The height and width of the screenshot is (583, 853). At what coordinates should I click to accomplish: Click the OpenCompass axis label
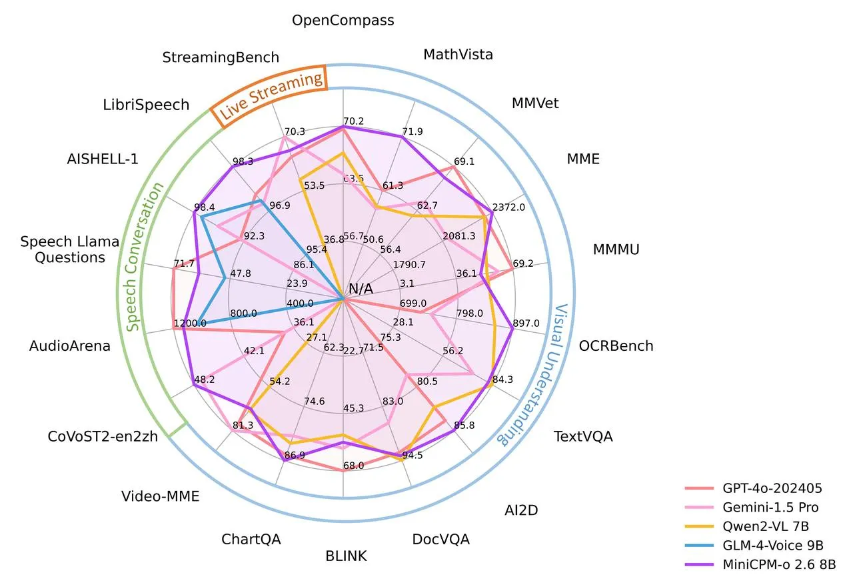pyautogui.click(x=343, y=21)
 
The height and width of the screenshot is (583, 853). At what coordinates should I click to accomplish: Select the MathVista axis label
pyautogui.click(x=458, y=55)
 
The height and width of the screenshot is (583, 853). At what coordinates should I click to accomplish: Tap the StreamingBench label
pyautogui.click(x=221, y=57)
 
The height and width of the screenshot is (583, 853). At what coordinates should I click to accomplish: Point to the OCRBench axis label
pyautogui.click(x=616, y=346)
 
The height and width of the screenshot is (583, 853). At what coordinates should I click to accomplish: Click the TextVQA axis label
pyautogui.click(x=583, y=437)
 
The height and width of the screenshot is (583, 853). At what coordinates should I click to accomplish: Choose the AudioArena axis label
pyautogui.click(x=70, y=346)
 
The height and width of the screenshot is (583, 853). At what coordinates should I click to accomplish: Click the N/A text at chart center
pyautogui.click(x=361, y=289)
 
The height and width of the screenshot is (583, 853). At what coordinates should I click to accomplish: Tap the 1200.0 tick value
pyautogui.click(x=190, y=324)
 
